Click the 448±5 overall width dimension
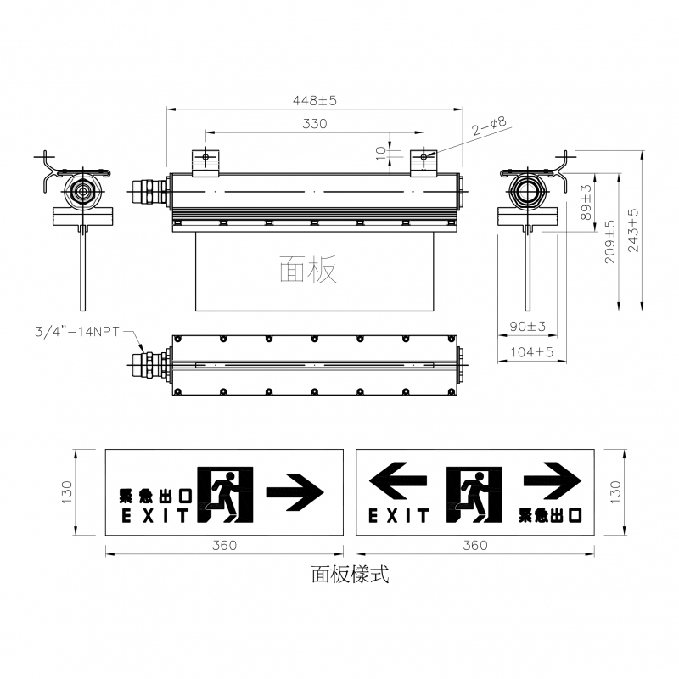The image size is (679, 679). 314,100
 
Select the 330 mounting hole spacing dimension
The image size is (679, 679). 314,124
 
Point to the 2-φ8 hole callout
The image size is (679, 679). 489,126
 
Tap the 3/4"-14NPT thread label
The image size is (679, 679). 77,332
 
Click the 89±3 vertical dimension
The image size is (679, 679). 586,202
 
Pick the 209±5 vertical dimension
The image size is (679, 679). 609,242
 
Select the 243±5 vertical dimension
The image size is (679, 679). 633,230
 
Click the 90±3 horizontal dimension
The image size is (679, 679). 527,326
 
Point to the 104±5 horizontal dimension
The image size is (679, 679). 532,352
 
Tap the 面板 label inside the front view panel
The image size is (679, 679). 308,268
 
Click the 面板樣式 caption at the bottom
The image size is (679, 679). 350,575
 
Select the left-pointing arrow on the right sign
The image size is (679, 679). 398,480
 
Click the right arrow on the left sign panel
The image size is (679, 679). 295,492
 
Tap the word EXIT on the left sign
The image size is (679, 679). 155,516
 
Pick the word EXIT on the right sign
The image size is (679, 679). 398,516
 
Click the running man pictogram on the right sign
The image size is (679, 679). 474,495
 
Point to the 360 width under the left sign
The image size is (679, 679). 224,545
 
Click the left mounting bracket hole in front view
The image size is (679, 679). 205,156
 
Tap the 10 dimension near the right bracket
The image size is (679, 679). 380,154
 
